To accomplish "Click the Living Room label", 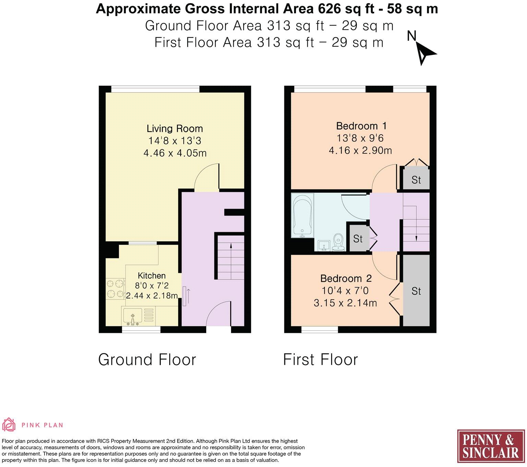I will point(175,129).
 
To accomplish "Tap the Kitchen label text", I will point(151,276).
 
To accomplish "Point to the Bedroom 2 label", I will point(346,278).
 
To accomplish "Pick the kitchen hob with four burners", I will point(115,289).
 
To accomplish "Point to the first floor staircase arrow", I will point(416,223).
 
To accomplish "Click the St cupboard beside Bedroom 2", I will point(416,291).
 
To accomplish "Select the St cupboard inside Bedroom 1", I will point(416,179).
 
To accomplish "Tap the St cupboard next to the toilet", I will point(358,238).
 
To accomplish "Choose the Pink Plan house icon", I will point(9,424).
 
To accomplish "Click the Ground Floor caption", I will point(147,360).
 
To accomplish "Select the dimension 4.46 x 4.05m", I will point(175,153).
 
